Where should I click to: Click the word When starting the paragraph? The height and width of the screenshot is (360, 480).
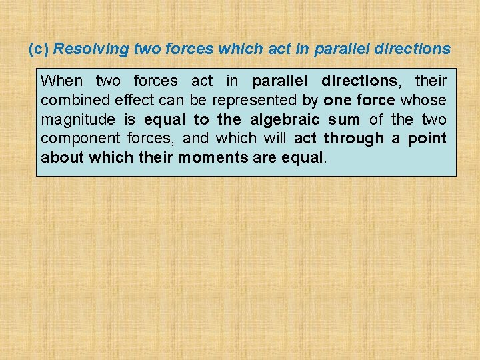(x=62, y=81)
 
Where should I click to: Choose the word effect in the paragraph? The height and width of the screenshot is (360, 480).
(x=132, y=101)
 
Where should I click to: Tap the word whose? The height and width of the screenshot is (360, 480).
(x=423, y=101)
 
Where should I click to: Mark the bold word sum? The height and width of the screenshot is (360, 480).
(x=344, y=120)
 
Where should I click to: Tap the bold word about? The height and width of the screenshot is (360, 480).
(x=62, y=158)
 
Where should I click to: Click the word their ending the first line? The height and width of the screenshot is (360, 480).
(x=431, y=81)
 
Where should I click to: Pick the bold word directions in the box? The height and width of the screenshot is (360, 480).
(x=359, y=81)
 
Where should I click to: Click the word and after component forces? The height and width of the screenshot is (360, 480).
(x=195, y=139)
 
